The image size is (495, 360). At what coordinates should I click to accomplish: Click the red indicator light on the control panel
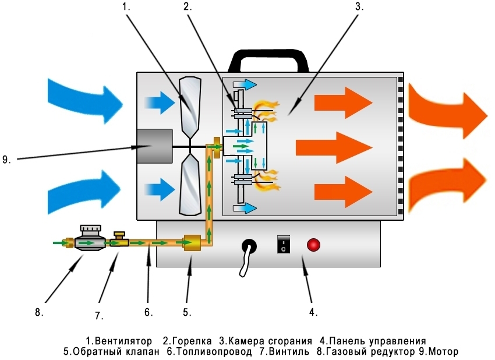pos(313,245)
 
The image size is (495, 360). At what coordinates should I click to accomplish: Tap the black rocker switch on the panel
pos(282,244)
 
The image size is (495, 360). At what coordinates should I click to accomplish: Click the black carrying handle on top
pos(268,58)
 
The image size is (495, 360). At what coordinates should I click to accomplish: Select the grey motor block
pos(154,146)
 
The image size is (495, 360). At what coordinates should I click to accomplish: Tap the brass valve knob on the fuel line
pos(120,234)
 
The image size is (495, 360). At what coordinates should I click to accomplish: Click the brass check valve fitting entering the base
pos(192,242)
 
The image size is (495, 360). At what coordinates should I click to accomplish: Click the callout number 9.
pos(6,158)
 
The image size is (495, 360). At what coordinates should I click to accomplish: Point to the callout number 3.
pos(359,7)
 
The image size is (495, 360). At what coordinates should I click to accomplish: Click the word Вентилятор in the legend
pos(125,341)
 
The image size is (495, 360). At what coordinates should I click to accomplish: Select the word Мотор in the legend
pos(444,352)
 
